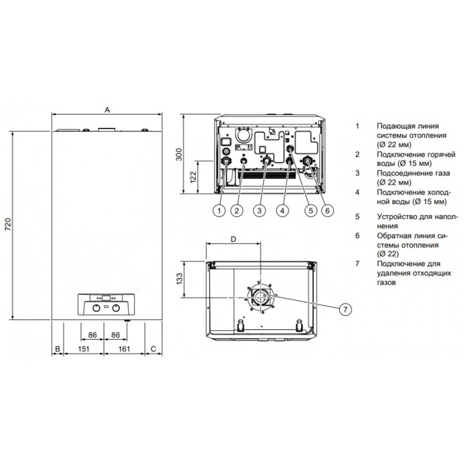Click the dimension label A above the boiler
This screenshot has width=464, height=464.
(108, 110)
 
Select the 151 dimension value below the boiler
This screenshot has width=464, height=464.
(84, 349)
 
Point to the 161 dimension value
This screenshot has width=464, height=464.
(124, 349)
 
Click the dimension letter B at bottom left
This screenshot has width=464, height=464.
(58, 349)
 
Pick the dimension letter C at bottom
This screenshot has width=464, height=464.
(153, 349)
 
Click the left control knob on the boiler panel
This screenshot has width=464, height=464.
(97, 308)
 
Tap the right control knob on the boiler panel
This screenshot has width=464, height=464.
(116, 308)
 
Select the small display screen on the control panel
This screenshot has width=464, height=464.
(106, 298)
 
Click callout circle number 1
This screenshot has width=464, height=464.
(219, 211)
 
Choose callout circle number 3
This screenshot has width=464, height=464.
(259, 211)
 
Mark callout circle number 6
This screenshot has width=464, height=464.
(327, 211)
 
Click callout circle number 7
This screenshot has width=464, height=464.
(345, 309)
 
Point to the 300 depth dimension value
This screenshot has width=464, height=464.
(179, 154)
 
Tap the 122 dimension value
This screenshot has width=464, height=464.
(193, 177)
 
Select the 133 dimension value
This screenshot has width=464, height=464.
(179, 279)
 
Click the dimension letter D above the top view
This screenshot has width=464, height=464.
(233, 239)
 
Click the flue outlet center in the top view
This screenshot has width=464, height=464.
(260, 297)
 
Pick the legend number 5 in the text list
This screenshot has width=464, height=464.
(357, 216)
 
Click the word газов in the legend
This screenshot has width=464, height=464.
(386, 283)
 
